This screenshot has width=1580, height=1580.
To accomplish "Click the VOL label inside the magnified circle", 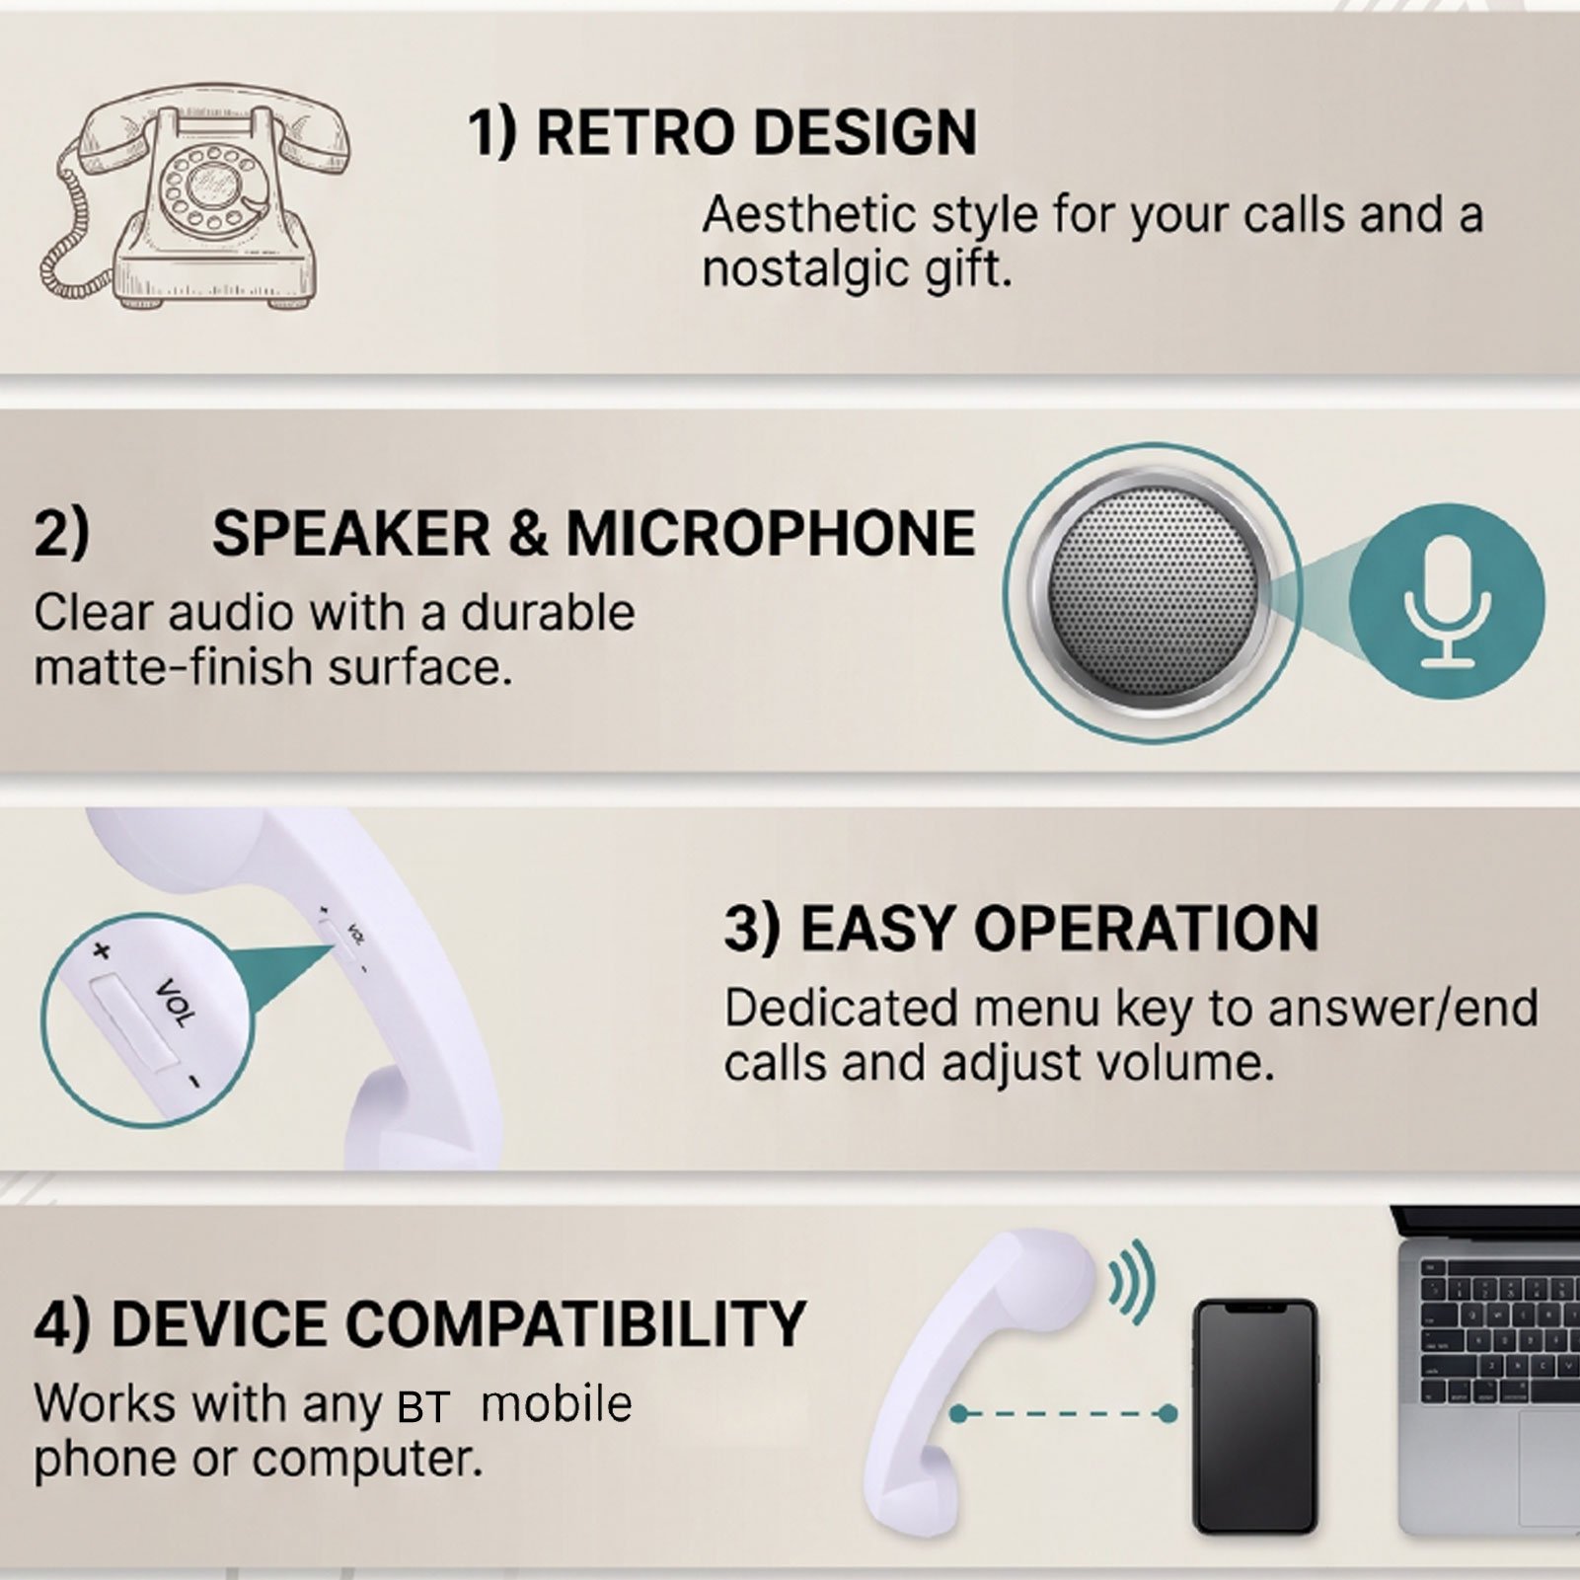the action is (x=178, y=1003).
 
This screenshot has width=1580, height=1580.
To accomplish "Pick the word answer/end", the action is (x=1402, y=1009).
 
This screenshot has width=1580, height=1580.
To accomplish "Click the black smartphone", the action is (x=1255, y=1417).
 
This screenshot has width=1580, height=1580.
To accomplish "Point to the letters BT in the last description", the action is (x=423, y=1408).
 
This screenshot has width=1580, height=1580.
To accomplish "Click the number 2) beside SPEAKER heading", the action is (x=61, y=533).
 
